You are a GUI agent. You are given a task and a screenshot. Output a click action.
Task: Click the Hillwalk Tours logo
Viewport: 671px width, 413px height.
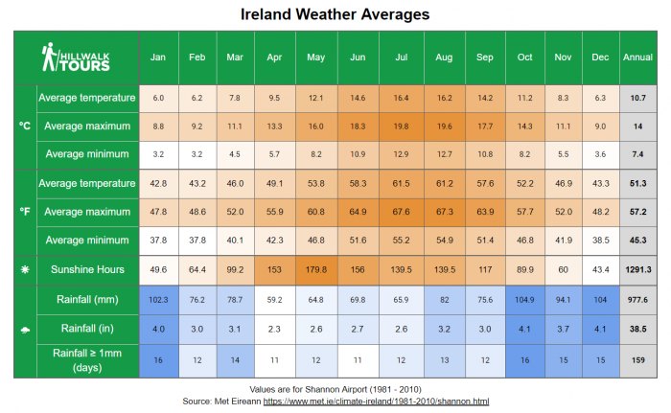tap(77, 57)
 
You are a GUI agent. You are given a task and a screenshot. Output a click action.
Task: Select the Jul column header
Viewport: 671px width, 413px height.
tap(401, 57)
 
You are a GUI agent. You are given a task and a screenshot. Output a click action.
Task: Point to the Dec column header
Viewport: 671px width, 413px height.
tap(600, 57)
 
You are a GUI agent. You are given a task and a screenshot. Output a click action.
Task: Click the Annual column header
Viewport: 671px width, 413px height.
tap(637, 57)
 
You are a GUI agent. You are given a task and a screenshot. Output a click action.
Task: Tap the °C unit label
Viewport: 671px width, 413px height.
tap(25, 126)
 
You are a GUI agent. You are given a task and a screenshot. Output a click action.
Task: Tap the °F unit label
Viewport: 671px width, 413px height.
tap(25, 211)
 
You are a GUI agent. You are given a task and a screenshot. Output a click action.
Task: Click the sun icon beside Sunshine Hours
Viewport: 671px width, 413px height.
tap(25, 270)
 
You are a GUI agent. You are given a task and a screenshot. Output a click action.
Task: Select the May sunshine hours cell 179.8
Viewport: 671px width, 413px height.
tap(315, 270)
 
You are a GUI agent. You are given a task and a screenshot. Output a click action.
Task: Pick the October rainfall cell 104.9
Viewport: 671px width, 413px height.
tap(524, 300)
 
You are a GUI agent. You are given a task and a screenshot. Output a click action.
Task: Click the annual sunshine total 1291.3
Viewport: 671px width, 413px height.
tap(637, 270)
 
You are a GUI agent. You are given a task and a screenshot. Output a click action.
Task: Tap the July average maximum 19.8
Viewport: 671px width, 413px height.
tap(401, 126)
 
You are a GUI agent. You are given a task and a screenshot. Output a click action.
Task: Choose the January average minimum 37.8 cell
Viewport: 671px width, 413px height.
tap(159, 240)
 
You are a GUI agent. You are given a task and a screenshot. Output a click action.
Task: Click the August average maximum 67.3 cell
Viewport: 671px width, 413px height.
tap(444, 211)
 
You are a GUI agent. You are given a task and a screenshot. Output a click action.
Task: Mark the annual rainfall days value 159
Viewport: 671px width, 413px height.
tap(637, 360)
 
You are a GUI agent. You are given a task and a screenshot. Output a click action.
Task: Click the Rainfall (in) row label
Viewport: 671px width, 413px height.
tap(86, 330)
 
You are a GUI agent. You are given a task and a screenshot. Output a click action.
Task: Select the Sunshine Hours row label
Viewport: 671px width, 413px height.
tap(86, 270)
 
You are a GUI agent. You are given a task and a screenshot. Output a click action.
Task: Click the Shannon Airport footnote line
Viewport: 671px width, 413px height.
tap(335, 388)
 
